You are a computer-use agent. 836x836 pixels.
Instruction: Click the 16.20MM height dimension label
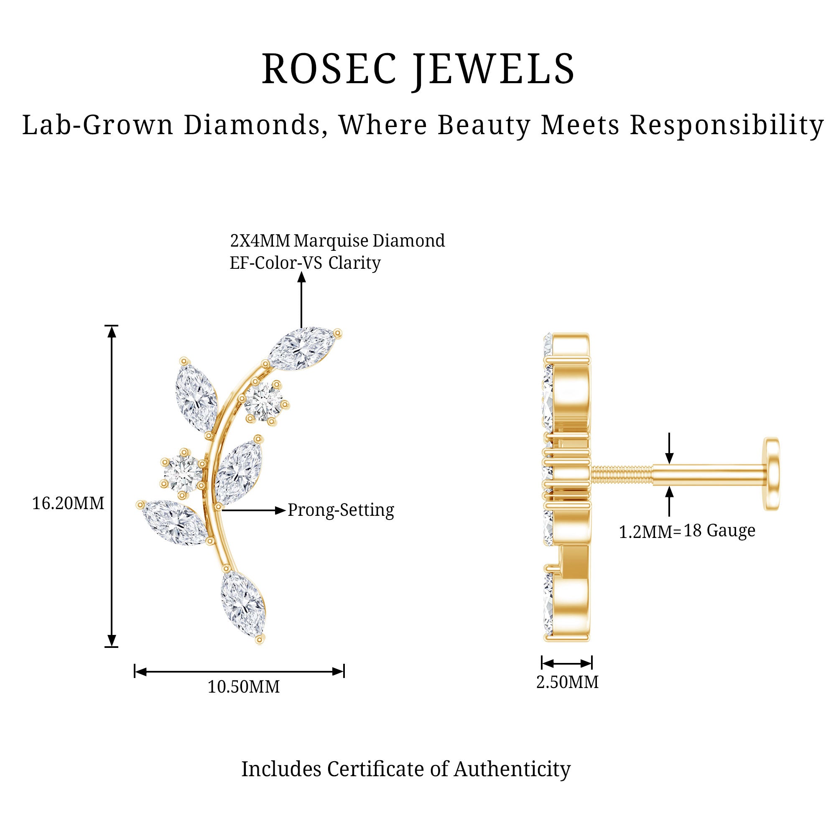point(69,503)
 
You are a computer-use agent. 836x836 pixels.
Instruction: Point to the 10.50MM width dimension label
point(244,687)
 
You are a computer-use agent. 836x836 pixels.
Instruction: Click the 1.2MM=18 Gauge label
point(687,531)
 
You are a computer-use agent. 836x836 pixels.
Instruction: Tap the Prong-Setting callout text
point(341,510)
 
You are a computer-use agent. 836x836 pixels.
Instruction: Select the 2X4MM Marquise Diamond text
point(337,241)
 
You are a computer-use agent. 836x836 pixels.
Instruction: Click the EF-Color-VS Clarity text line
point(305,263)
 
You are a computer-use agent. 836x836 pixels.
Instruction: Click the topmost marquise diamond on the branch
point(302,348)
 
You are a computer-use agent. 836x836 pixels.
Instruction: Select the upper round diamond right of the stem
point(263,403)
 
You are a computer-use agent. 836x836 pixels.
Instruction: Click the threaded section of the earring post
point(622,475)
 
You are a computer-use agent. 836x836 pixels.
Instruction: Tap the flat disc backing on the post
point(772,474)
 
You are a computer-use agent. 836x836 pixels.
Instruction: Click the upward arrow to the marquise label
point(302,298)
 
